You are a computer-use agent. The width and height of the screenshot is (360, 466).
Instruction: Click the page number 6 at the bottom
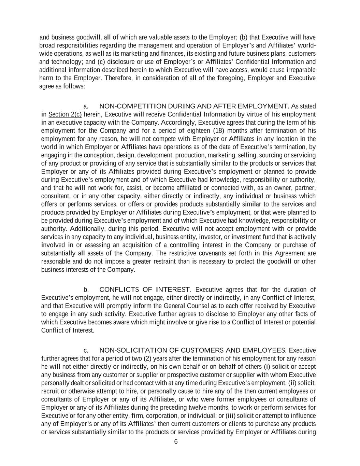[176, 442]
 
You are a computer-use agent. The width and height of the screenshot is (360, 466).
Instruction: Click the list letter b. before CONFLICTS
[86, 290]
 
